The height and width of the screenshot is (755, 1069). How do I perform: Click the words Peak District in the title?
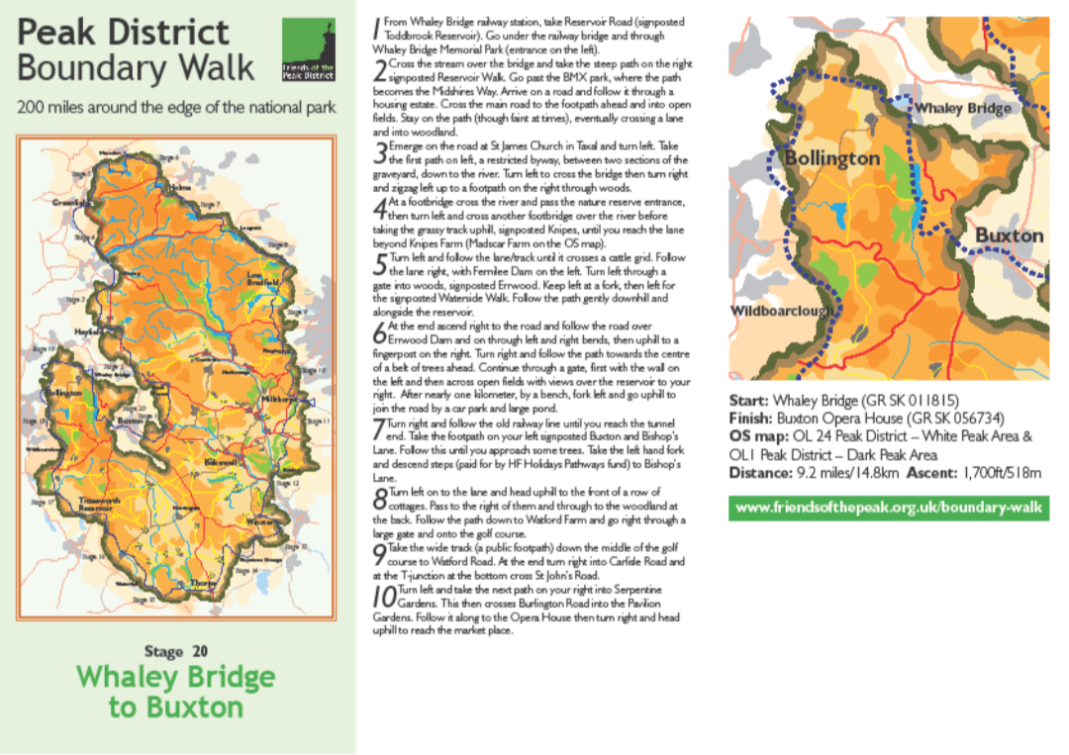click(x=123, y=33)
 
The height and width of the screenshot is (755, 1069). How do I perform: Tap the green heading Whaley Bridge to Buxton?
click(x=176, y=692)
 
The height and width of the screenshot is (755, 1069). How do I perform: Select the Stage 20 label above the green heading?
click(x=176, y=651)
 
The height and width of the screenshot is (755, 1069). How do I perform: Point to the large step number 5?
click(x=380, y=265)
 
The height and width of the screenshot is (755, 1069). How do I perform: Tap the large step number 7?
click(x=379, y=428)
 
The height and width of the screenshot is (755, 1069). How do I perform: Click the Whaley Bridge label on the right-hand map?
click(x=962, y=108)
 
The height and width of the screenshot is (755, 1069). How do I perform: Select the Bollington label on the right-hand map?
click(x=831, y=158)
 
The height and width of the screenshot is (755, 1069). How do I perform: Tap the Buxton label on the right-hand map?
click(x=1009, y=236)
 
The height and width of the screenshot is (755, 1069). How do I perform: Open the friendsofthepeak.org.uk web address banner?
click(x=889, y=509)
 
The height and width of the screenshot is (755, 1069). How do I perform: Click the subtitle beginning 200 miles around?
click(x=176, y=107)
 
